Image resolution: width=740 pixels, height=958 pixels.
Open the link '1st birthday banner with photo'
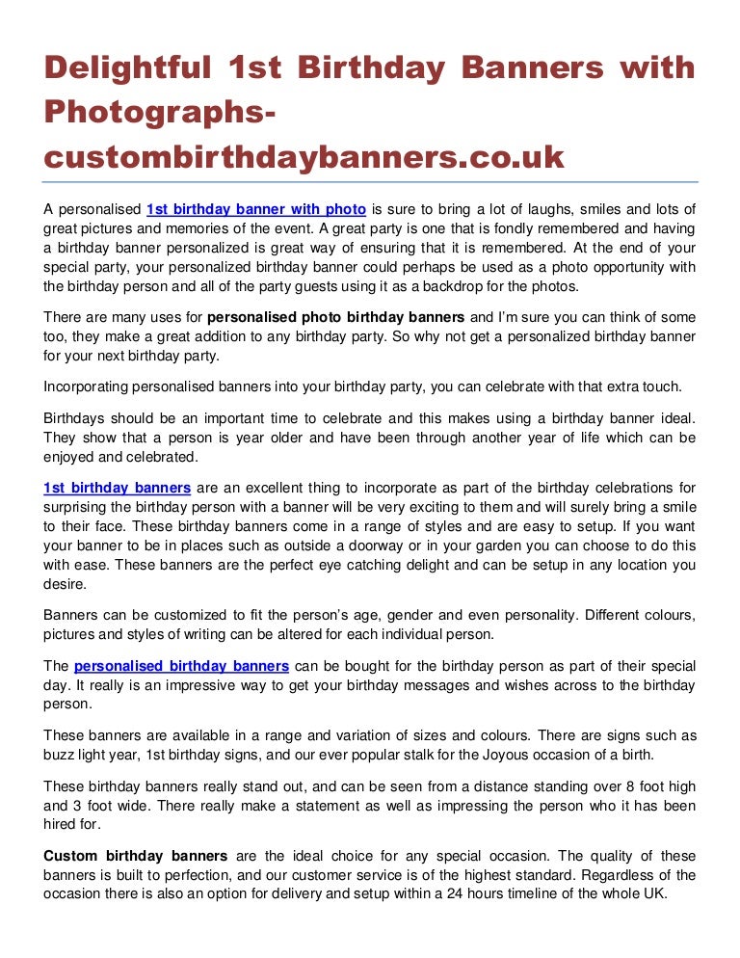pos(255,208)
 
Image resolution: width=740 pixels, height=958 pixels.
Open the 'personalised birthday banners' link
pos(181,666)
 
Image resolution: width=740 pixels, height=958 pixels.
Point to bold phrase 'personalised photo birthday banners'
pos(336,316)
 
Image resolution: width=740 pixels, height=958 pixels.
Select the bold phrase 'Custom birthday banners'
pos(135,856)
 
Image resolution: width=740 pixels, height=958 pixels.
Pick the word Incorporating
pos(89,387)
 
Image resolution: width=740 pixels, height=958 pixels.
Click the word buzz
pos(59,754)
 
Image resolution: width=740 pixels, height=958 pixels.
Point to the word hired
pos(61,825)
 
